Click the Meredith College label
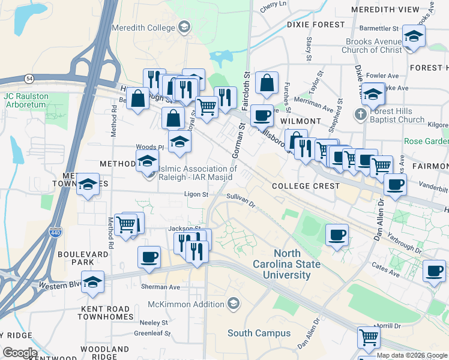[144, 28]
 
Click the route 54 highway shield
[29, 79]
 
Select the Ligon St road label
[196, 194]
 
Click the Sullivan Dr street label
[241, 199]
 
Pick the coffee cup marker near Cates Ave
[434, 271]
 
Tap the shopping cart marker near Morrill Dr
[368, 337]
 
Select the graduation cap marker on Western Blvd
[92, 281]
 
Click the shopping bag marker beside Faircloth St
[267, 83]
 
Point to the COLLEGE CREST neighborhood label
[306, 186]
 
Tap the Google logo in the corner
[20, 353]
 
